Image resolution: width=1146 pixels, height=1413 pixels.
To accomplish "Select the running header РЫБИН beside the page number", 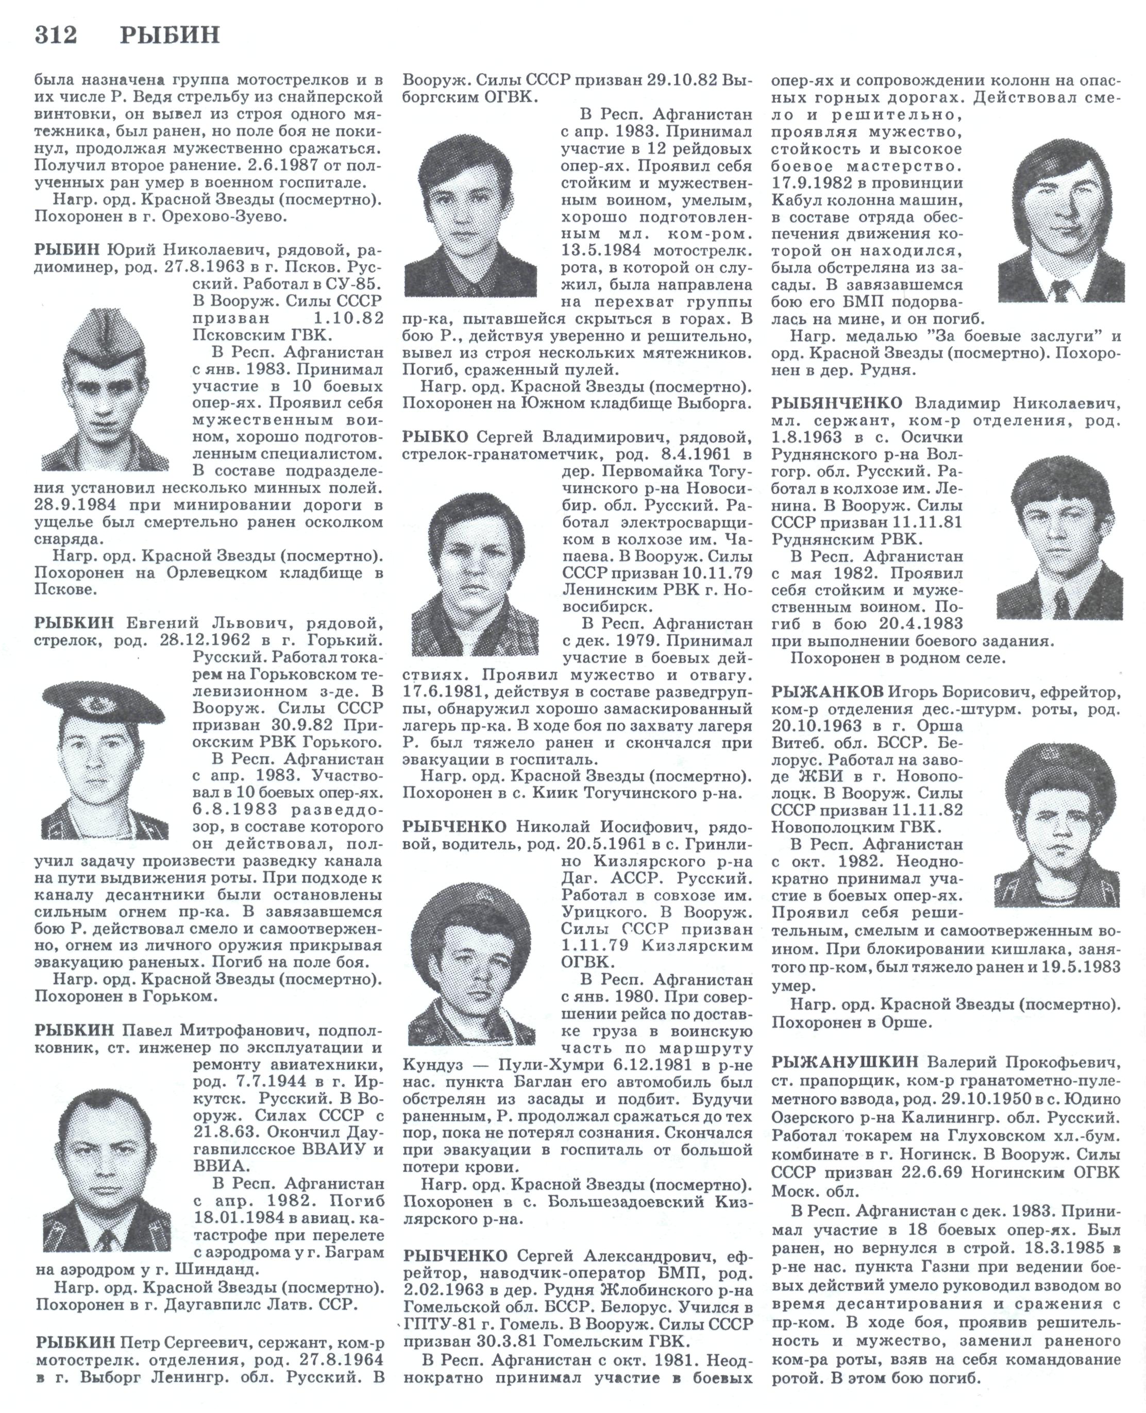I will (170, 35).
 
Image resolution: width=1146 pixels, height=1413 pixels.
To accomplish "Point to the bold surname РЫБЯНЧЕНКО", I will (836, 403).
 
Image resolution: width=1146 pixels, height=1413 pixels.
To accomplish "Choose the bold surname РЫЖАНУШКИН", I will (845, 1062).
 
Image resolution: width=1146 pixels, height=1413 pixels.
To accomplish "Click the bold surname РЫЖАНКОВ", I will (827, 692).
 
